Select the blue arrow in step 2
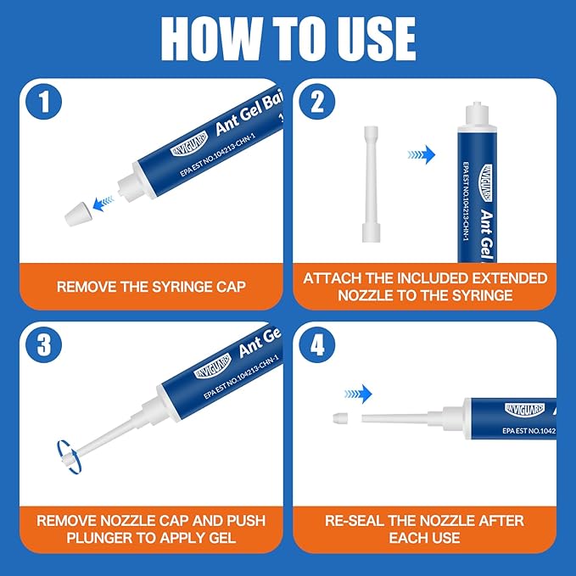[421, 154]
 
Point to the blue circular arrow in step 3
[68, 459]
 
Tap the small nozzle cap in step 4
[340, 418]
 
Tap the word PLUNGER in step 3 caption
[87, 538]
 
